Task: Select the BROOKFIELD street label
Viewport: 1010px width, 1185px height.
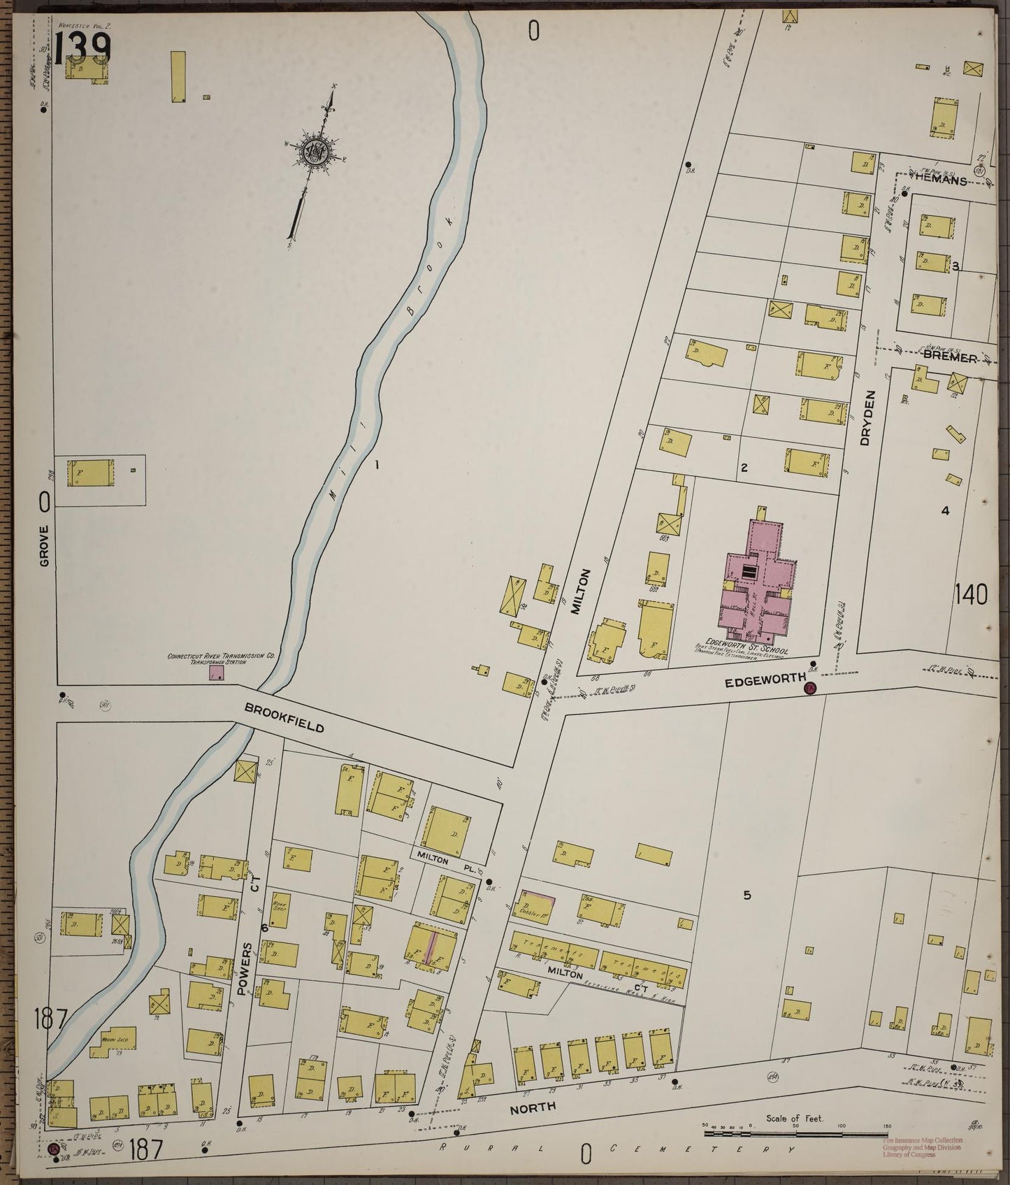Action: (284, 717)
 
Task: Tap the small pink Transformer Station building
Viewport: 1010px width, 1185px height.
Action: (217, 673)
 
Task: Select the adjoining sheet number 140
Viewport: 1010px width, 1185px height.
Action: (971, 596)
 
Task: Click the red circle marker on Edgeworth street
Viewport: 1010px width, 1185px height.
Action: (810, 689)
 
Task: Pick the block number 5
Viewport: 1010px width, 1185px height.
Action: (746, 896)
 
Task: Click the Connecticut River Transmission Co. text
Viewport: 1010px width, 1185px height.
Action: (207, 656)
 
